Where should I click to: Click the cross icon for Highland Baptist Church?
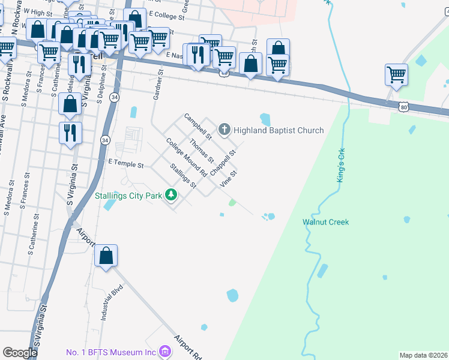click(x=224, y=129)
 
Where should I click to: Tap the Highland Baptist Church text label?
click(x=279, y=130)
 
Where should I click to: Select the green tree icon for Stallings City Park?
click(x=172, y=195)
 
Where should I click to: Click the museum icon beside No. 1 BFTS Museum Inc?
click(x=164, y=352)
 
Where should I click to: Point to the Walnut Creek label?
click(x=325, y=223)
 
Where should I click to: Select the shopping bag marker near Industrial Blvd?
click(x=106, y=256)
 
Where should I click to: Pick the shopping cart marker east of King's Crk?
click(x=396, y=75)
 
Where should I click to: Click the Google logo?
click(x=20, y=353)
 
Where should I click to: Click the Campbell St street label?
click(x=198, y=127)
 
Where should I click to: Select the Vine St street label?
click(x=229, y=179)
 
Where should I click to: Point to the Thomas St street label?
click(x=201, y=151)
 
